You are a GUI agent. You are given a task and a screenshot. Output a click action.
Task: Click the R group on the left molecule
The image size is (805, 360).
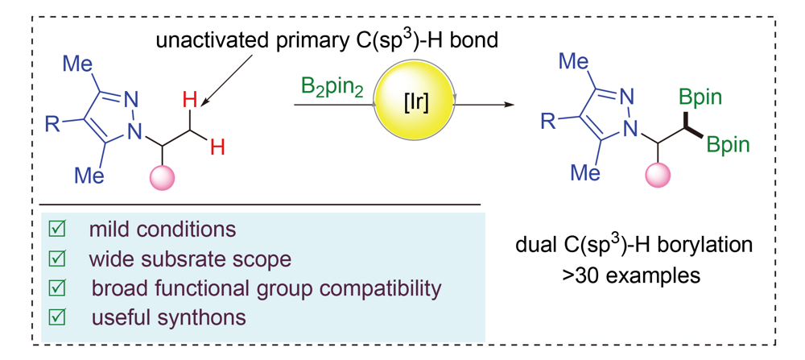pyautogui.click(x=55, y=124)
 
